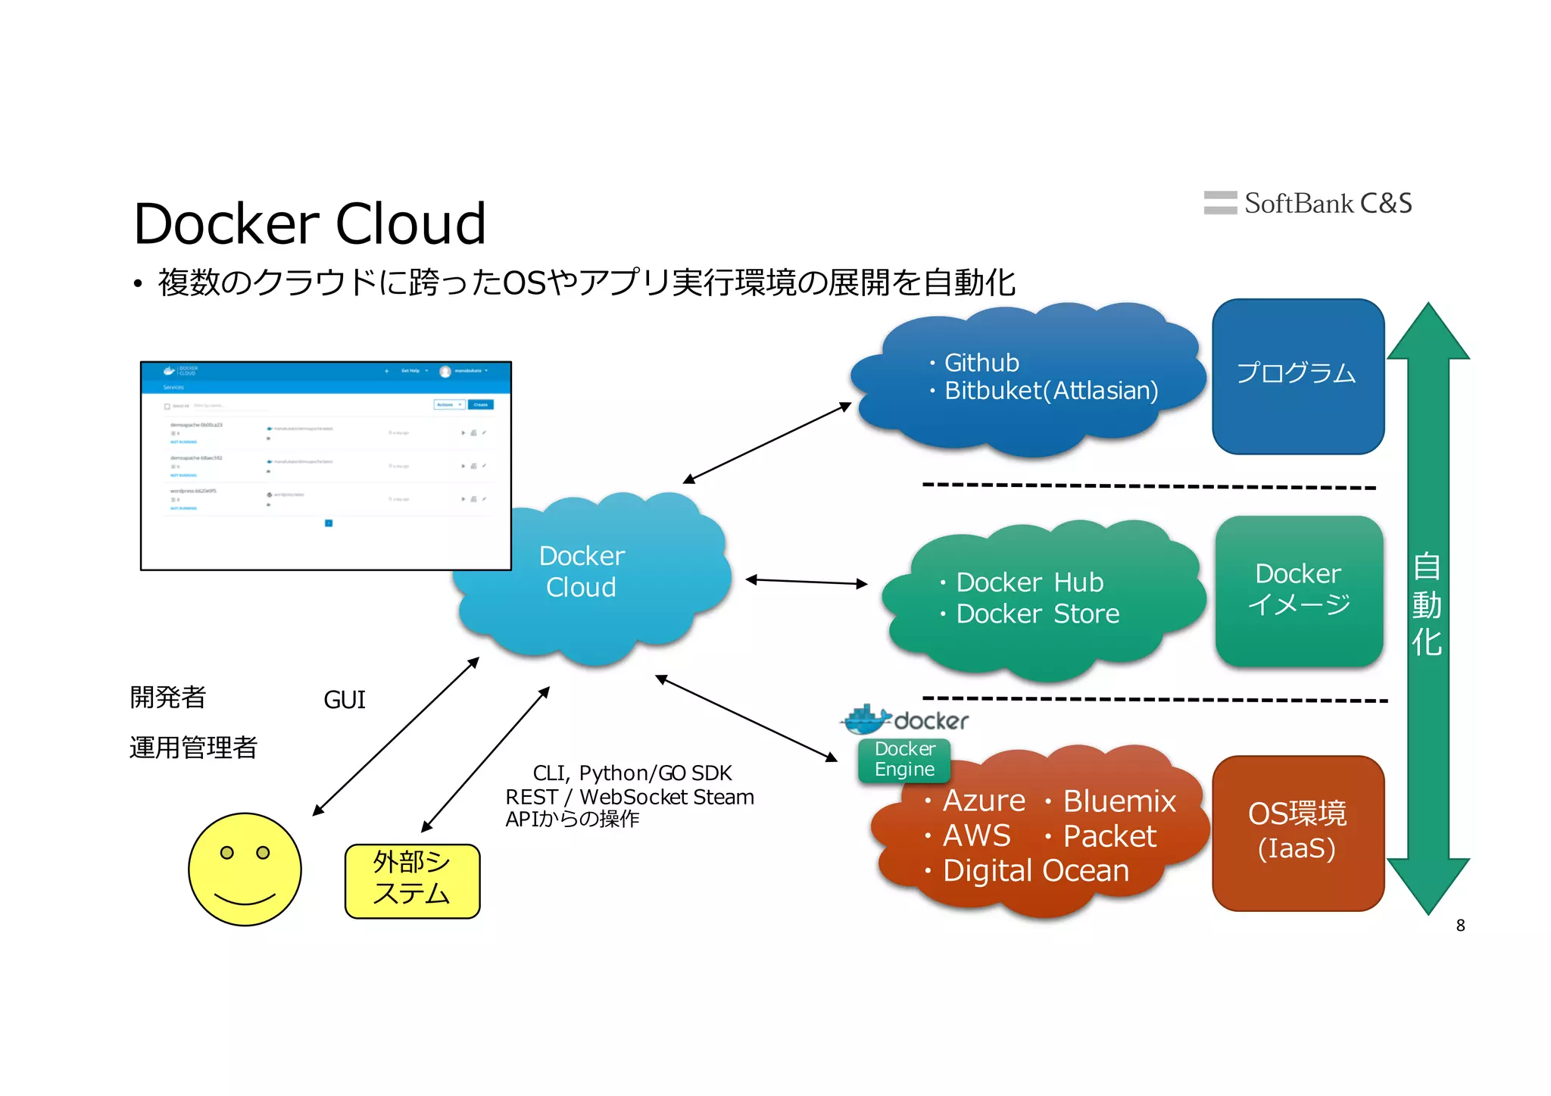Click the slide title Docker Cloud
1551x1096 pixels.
pyautogui.click(x=309, y=224)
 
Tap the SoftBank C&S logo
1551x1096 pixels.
pyautogui.click(x=1308, y=203)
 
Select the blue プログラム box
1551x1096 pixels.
pyautogui.click(x=1298, y=376)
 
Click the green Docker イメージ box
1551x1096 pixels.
pyautogui.click(x=1299, y=591)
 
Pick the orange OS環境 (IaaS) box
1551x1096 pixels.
pyautogui.click(x=1298, y=832)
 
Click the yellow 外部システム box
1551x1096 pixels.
pyautogui.click(x=412, y=880)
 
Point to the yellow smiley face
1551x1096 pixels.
pyautogui.click(x=245, y=869)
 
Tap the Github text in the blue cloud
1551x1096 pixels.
pyautogui.click(x=981, y=363)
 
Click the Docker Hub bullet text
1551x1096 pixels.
pyautogui.click(x=1029, y=582)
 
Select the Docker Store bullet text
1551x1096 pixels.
pyautogui.click(x=1037, y=614)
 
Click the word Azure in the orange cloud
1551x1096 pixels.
pyautogui.click(x=983, y=801)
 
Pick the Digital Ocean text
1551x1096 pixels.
pyautogui.click(x=1035, y=870)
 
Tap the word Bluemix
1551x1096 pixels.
pyautogui.click(x=1119, y=801)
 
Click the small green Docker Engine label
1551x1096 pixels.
pyautogui.click(x=904, y=759)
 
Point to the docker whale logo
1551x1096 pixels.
pyautogui.click(x=867, y=720)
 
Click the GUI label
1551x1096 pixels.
pyautogui.click(x=345, y=699)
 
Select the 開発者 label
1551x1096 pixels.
pyautogui.click(x=168, y=697)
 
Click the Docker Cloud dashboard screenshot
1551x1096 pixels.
pyautogui.click(x=326, y=465)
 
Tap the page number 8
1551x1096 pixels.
pyautogui.click(x=1460, y=925)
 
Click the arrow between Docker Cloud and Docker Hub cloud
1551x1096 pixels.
pyautogui.click(x=806, y=582)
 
